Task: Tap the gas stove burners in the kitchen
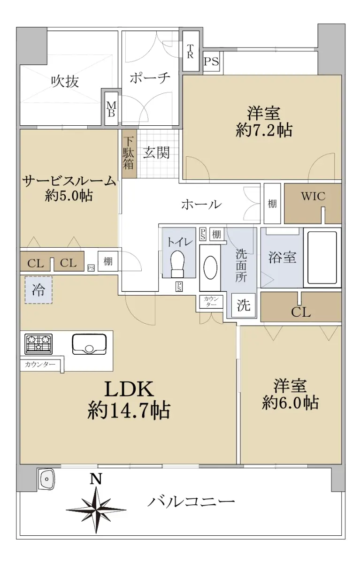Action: click(38, 344)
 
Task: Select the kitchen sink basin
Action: click(89, 344)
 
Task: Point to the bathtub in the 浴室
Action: click(322, 258)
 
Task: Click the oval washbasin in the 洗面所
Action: click(210, 267)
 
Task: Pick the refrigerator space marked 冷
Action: click(38, 290)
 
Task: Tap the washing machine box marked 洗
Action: click(243, 305)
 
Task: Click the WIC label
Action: click(313, 196)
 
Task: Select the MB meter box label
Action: click(111, 109)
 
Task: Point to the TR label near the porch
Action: click(190, 51)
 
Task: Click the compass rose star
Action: click(96, 510)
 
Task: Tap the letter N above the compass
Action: click(96, 479)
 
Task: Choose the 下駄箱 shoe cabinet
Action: click(130, 153)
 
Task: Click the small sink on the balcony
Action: click(46, 479)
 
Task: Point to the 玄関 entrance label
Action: click(156, 152)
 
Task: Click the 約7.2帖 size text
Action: click(264, 130)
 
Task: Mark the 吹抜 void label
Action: click(65, 82)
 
